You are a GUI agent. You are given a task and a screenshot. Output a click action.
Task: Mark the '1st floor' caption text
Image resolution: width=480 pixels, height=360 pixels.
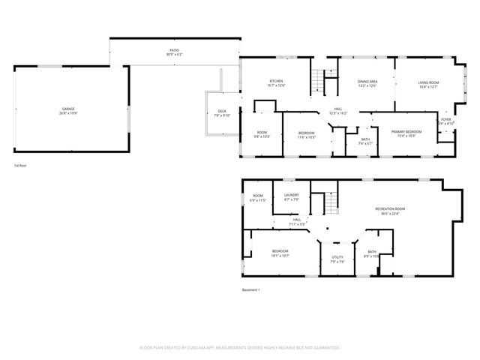click(22, 165)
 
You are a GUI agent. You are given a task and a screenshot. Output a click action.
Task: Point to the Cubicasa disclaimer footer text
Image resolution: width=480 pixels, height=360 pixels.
click(240, 348)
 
